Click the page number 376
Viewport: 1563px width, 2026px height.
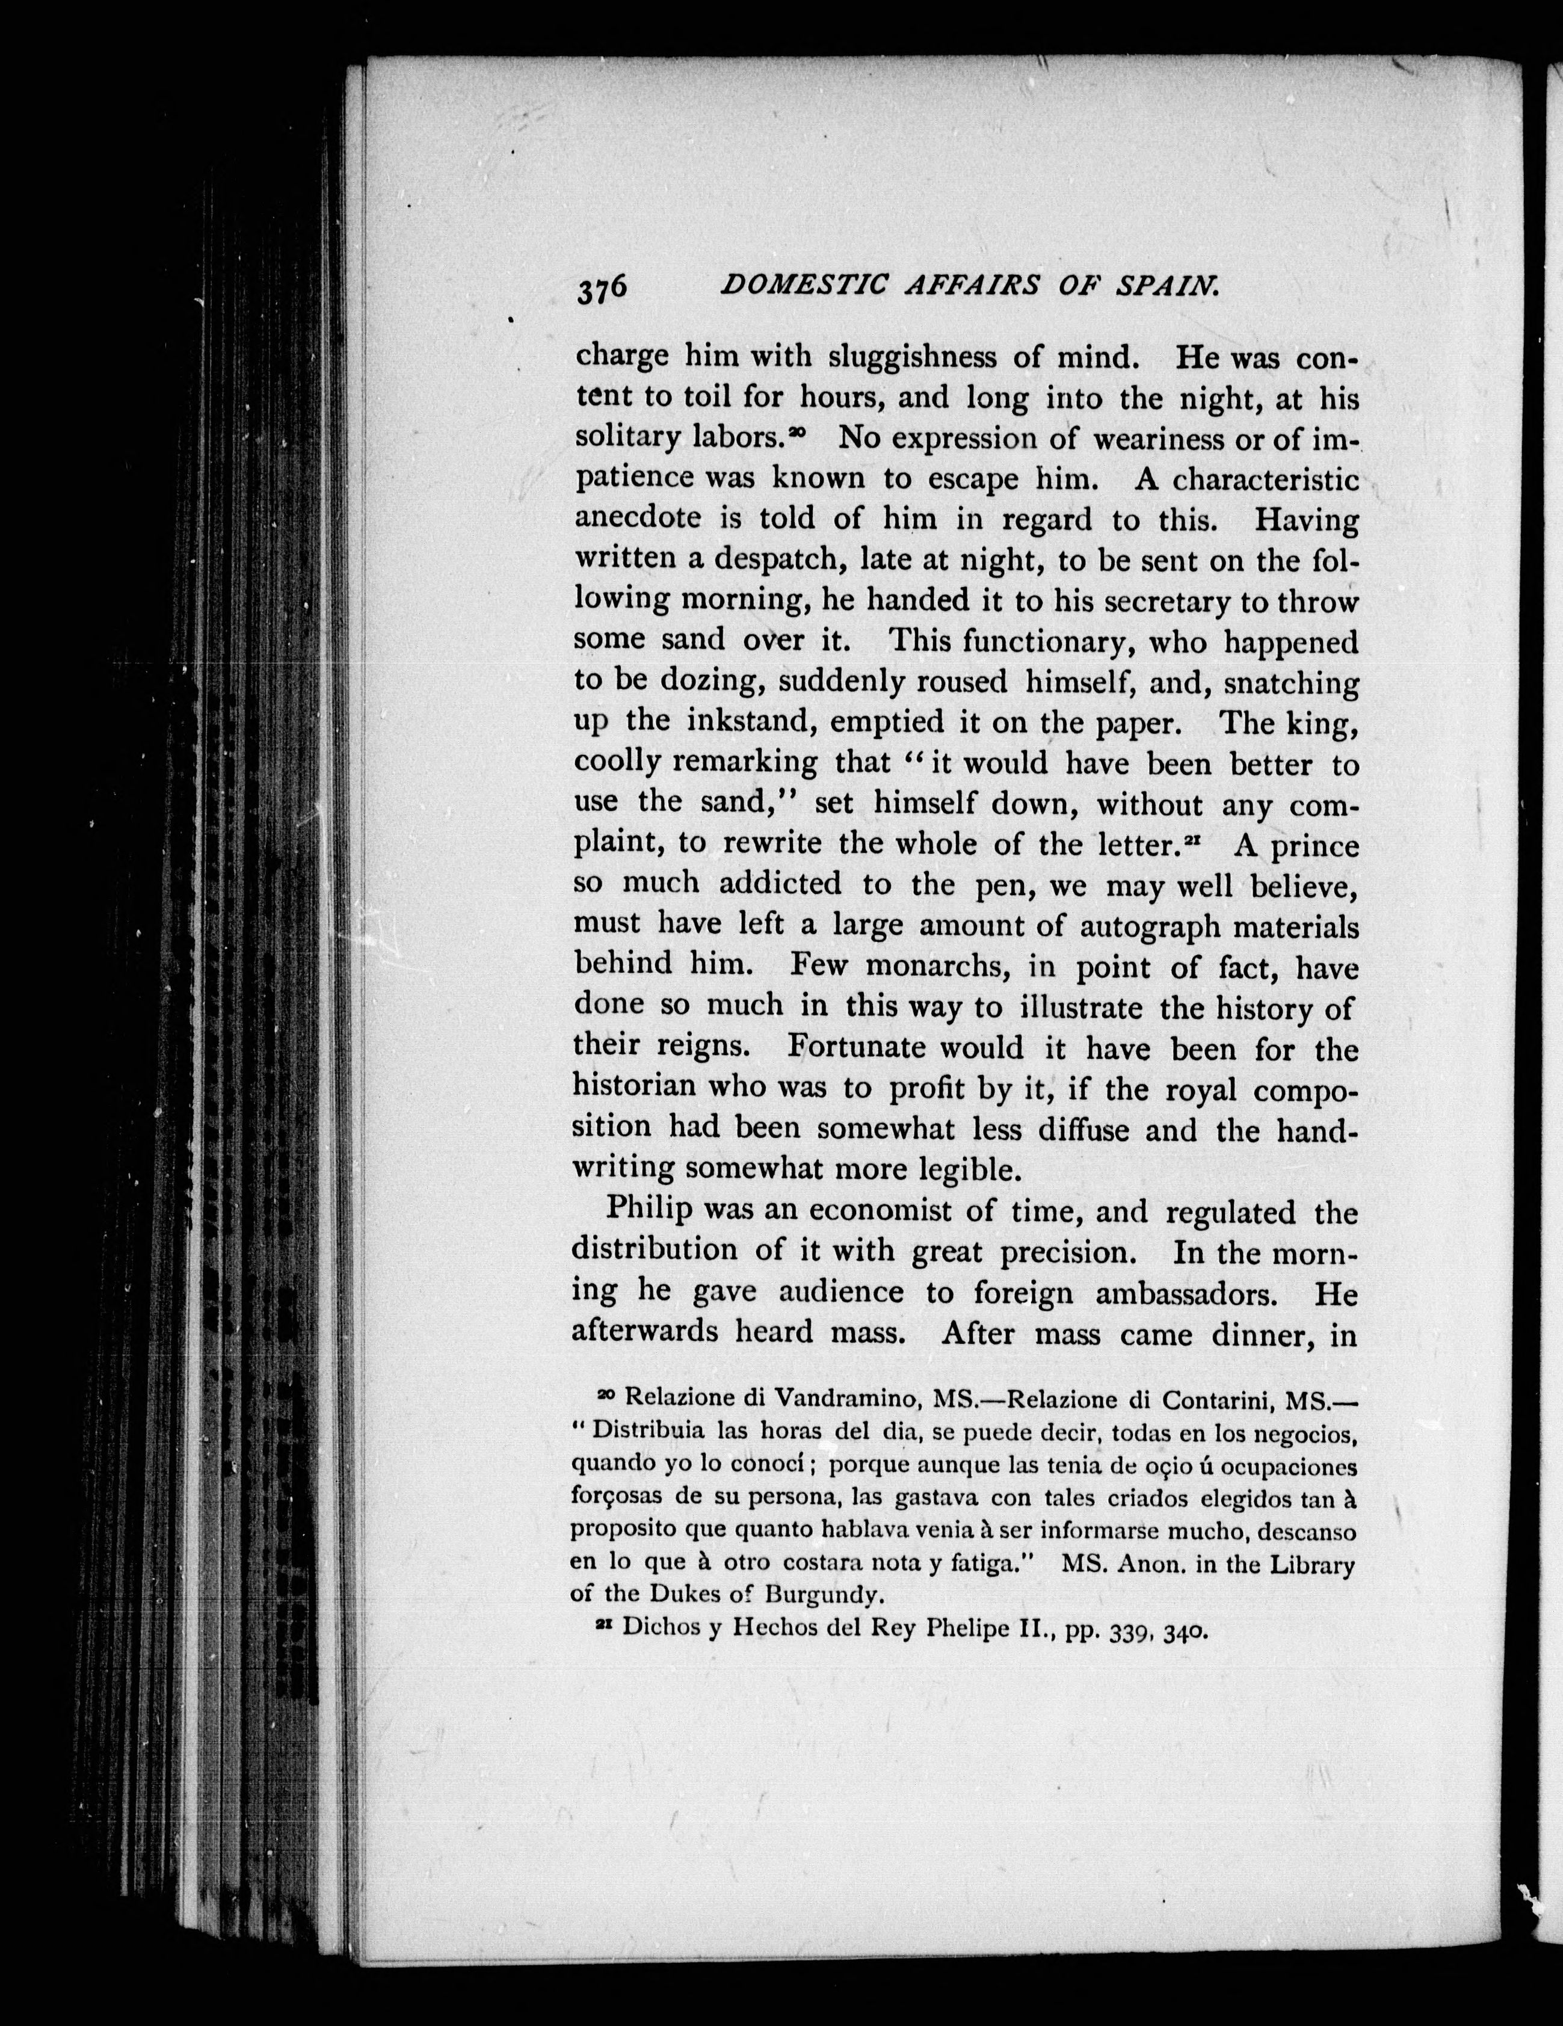pos(603,289)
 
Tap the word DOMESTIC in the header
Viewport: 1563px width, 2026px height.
pos(797,287)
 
